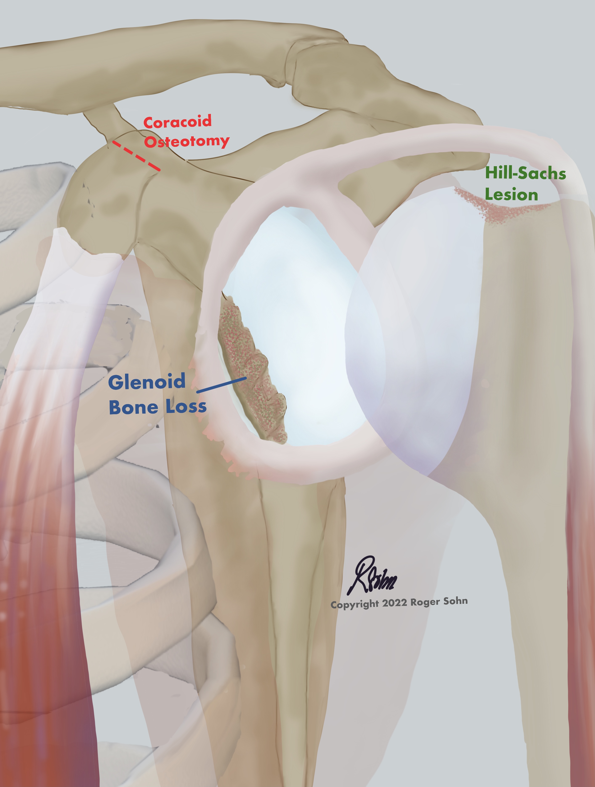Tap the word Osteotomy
coord(186,142)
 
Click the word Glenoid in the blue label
coord(147,382)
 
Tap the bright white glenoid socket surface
coord(302,320)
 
